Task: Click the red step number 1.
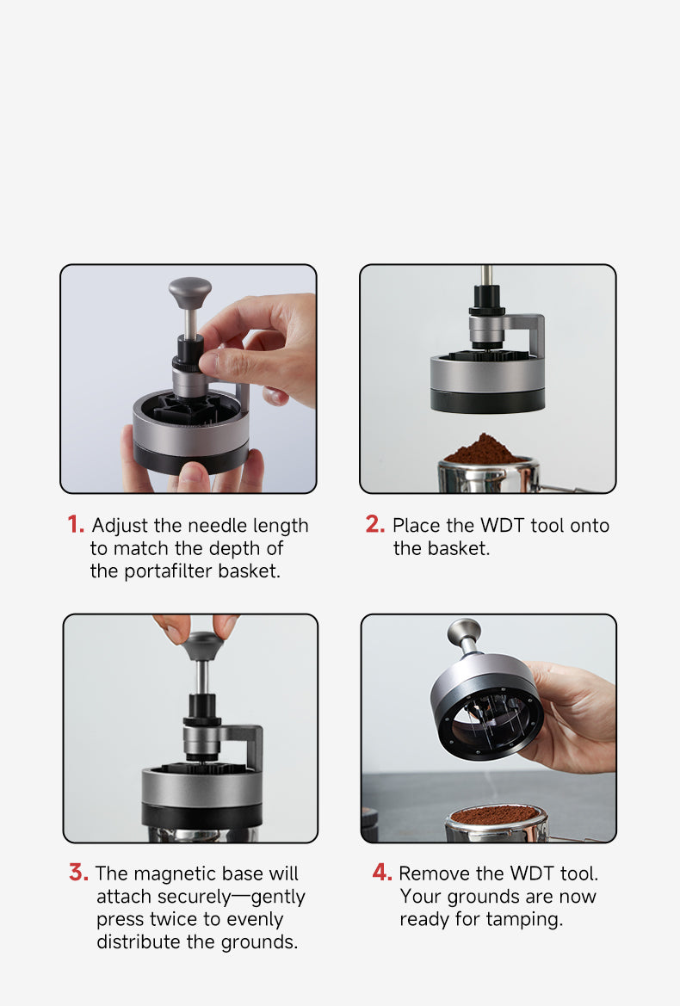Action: tap(76, 525)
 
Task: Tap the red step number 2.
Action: tap(374, 525)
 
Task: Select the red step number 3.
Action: tap(78, 873)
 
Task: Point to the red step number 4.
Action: tap(381, 873)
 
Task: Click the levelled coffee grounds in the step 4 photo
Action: tap(495, 815)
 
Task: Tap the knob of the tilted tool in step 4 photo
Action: tap(464, 633)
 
